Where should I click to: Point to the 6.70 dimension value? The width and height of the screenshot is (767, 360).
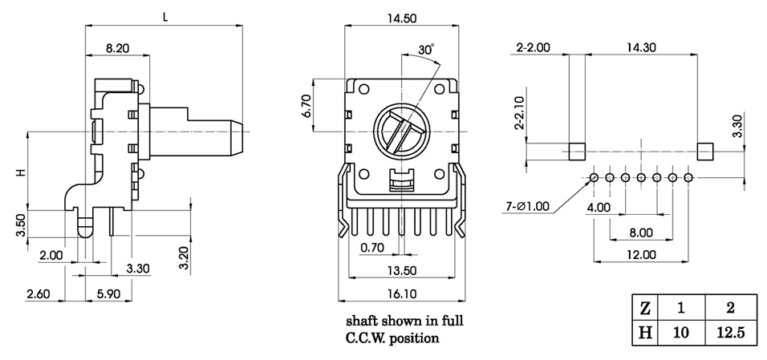[x=306, y=105]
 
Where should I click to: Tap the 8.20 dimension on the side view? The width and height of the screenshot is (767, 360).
[x=117, y=47]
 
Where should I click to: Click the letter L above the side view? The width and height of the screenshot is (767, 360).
[x=164, y=16]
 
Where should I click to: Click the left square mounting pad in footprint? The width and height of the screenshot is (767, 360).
[x=576, y=151]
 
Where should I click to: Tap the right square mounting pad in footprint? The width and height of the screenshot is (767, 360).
[x=704, y=151]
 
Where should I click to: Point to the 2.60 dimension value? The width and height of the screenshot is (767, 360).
[x=39, y=294]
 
